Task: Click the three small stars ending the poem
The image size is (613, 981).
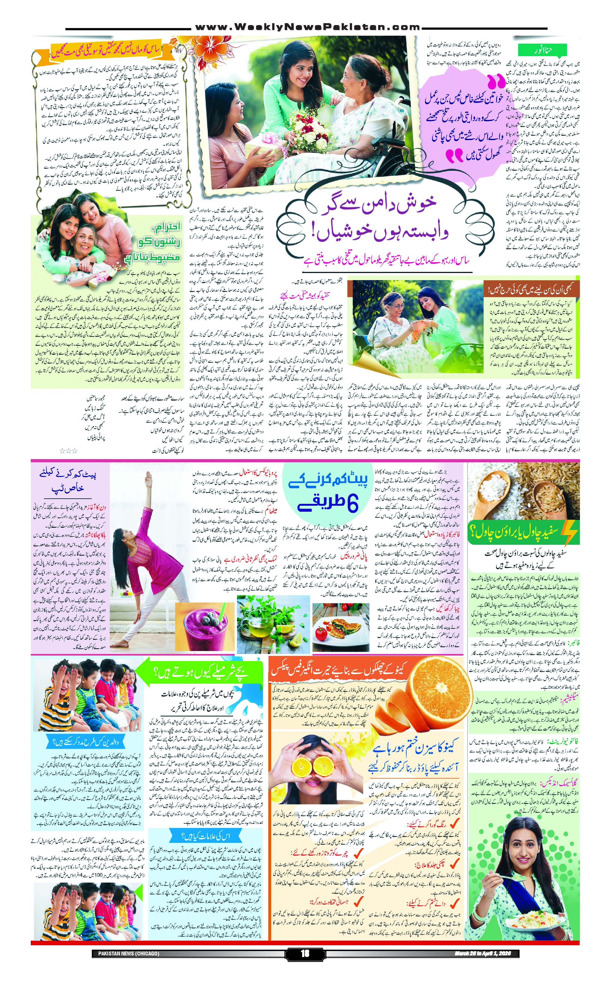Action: [68, 450]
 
